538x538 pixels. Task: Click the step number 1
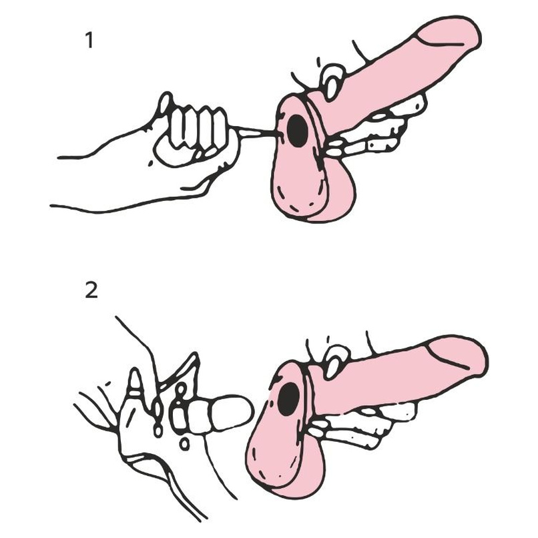tap(89, 41)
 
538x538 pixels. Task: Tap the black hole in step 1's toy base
tap(297, 131)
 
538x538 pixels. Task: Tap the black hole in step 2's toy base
tap(288, 398)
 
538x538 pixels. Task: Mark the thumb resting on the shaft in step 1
tap(332, 82)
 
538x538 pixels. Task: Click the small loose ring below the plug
tap(184, 445)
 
